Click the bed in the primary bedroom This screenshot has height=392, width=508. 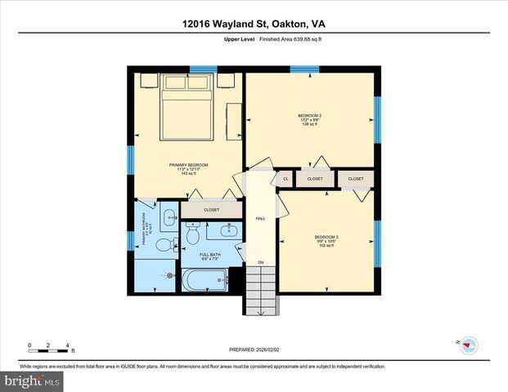click(x=189, y=105)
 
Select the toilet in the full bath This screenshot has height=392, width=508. click(x=193, y=235)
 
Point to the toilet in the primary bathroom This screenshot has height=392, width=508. click(x=162, y=245)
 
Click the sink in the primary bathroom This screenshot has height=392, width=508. click(x=169, y=216)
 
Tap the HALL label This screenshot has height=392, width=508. click(x=260, y=218)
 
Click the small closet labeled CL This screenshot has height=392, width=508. click(x=285, y=178)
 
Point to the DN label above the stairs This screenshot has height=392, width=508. click(x=260, y=261)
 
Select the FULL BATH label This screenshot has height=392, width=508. click(x=210, y=255)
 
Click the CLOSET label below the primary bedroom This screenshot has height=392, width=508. click(x=211, y=209)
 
